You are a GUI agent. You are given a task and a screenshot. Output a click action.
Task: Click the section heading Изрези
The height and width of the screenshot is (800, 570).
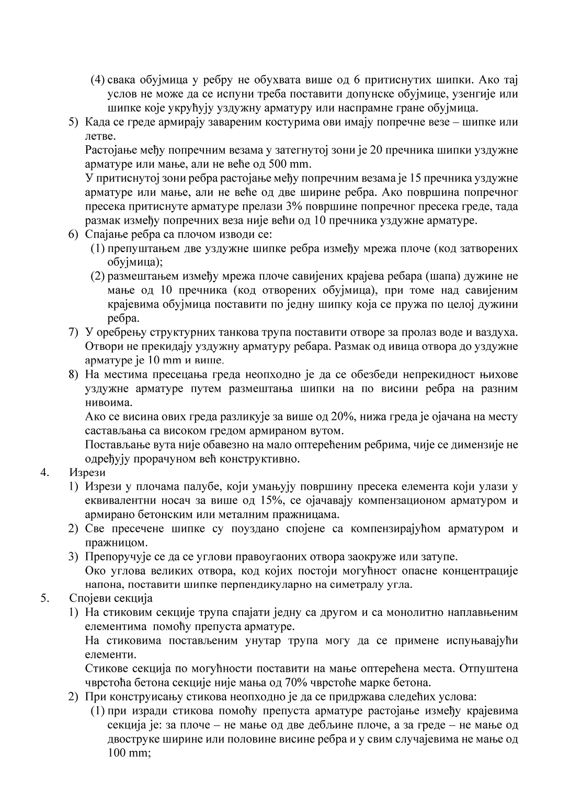click(87, 473)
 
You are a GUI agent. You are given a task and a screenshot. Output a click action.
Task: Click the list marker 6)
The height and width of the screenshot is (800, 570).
click(74, 234)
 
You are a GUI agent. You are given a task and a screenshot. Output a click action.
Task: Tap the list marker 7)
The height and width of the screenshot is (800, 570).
click(74, 332)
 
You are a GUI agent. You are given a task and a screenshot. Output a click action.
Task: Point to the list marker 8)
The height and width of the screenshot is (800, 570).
click(74, 374)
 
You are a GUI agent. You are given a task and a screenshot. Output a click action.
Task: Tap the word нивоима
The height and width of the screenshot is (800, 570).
click(105, 403)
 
